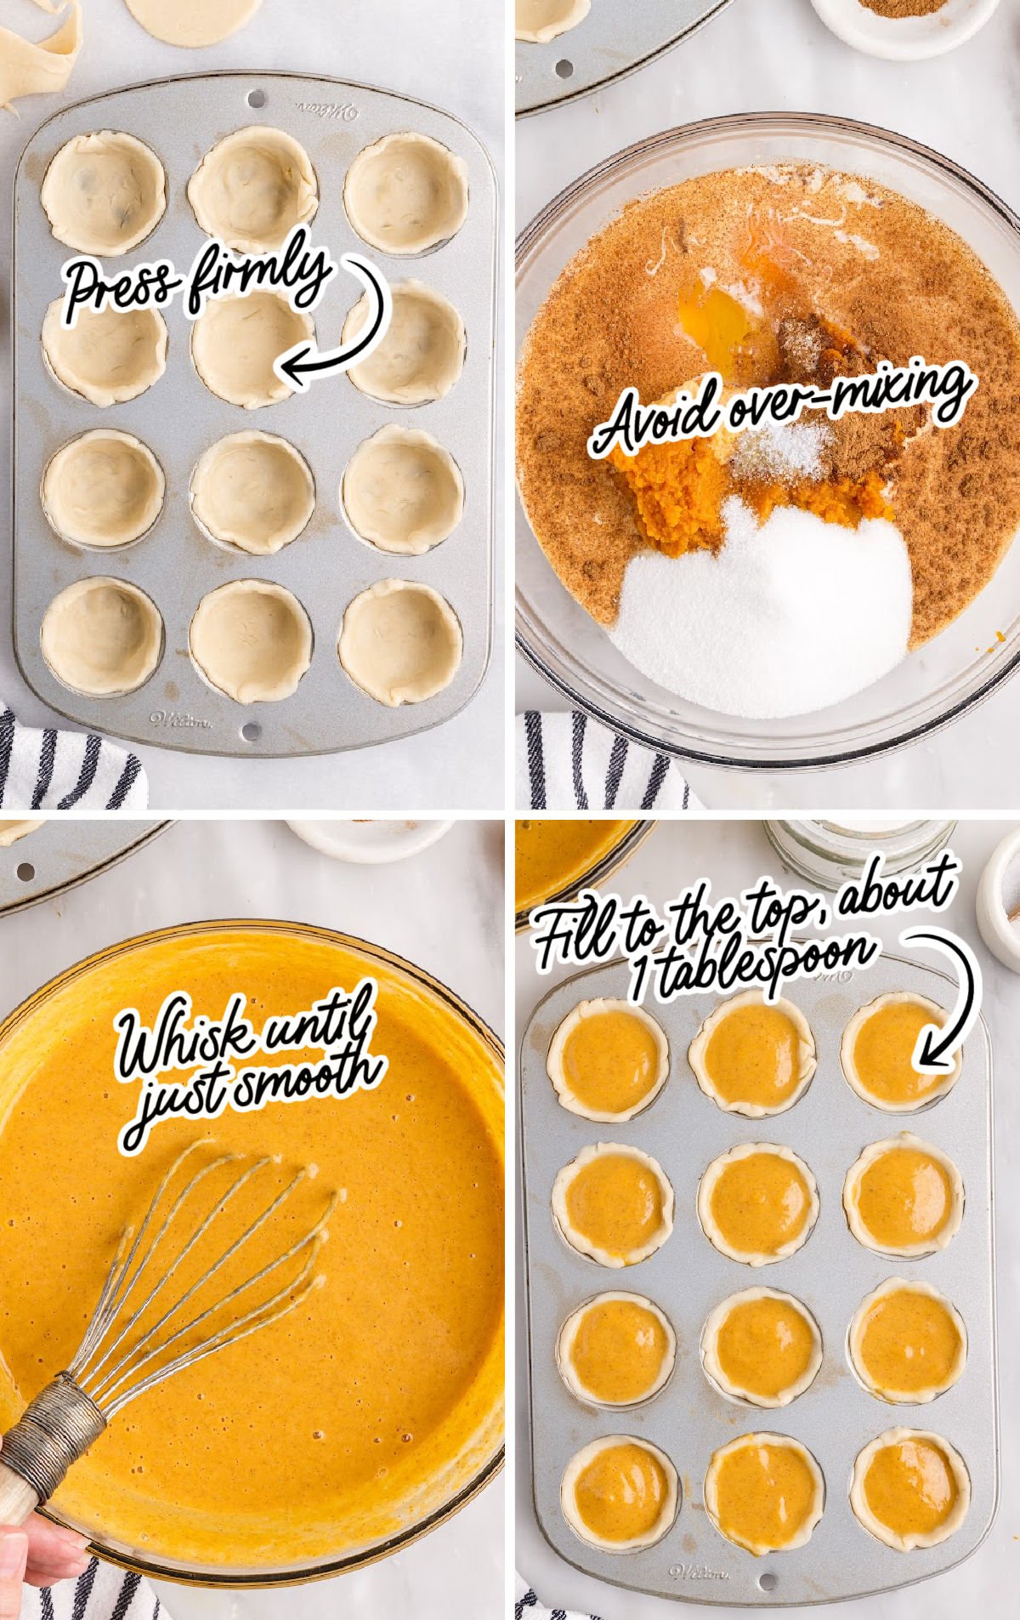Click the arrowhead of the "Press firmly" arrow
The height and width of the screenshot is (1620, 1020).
point(293,371)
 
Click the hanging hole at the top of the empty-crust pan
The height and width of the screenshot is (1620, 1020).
point(256,99)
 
